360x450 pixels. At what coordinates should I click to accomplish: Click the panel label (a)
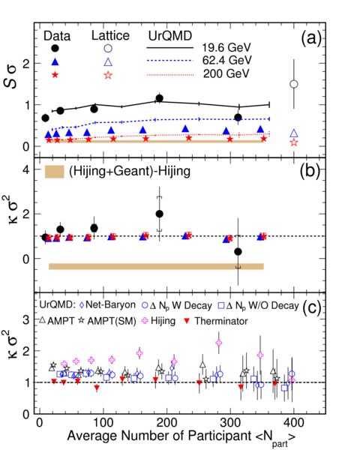(311, 37)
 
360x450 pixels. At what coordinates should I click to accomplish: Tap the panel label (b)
(310, 171)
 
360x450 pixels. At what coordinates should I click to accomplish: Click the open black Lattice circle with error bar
(294, 84)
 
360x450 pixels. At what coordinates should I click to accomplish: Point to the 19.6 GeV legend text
(226, 47)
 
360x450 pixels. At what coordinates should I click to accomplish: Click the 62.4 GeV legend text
(226, 60)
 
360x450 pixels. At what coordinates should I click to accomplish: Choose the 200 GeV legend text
(226, 73)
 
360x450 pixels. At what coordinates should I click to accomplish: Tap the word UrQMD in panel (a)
(170, 36)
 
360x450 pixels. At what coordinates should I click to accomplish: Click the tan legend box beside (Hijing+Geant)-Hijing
(55, 172)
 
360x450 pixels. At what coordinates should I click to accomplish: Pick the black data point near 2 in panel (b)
(159, 214)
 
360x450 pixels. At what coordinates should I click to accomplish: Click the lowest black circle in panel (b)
(238, 252)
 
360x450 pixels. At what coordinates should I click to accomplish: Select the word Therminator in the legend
(221, 321)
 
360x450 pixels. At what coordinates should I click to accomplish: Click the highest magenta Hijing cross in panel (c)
(219, 343)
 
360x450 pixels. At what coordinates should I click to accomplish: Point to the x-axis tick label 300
(231, 423)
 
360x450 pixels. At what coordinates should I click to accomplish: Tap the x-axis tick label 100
(103, 423)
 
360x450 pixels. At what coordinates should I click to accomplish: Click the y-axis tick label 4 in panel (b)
(26, 169)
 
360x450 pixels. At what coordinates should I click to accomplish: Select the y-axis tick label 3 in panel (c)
(26, 319)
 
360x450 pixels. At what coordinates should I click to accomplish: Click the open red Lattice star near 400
(294, 142)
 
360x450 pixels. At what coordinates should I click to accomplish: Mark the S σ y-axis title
(10, 77)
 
